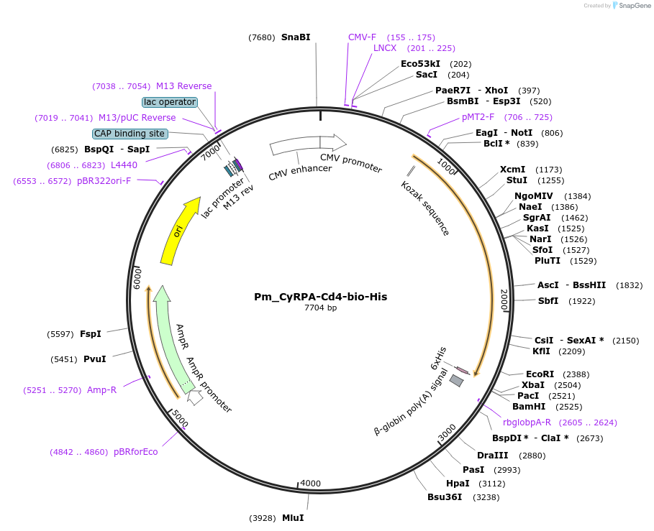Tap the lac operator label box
(170, 102)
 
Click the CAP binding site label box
(130, 134)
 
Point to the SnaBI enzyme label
(296, 37)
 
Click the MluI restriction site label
(293, 517)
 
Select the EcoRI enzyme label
(539, 374)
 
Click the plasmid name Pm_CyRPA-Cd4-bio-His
(320, 297)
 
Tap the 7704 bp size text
(320, 308)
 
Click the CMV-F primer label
(362, 37)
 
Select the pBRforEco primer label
(135, 452)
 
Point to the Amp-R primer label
(101, 389)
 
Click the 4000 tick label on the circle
(311, 483)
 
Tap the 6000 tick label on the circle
(138, 277)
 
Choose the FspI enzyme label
(90, 333)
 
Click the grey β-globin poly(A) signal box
(456, 381)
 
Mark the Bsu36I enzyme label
(445, 497)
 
